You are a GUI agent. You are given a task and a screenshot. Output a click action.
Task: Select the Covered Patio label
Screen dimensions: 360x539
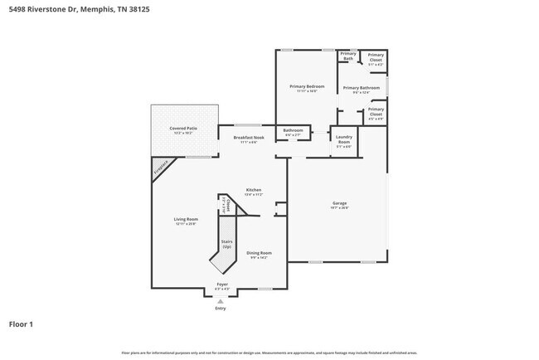coord(183,129)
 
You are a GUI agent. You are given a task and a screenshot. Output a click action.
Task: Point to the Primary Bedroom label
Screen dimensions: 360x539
coord(306,86)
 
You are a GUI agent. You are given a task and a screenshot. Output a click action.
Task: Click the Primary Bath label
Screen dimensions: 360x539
coord(347,56)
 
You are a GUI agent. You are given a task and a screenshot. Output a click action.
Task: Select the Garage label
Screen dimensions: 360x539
coord(339,203)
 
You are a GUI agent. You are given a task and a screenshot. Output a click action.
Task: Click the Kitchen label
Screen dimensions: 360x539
coord(254,191)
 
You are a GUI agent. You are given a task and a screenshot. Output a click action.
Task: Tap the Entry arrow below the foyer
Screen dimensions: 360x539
coord(221,299)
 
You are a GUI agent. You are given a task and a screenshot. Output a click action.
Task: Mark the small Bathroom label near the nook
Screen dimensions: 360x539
coord(294,130)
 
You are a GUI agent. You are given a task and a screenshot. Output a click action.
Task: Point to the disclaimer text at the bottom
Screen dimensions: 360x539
coord(269,353)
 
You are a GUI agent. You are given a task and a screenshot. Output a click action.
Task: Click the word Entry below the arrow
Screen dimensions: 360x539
coord(221,308)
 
